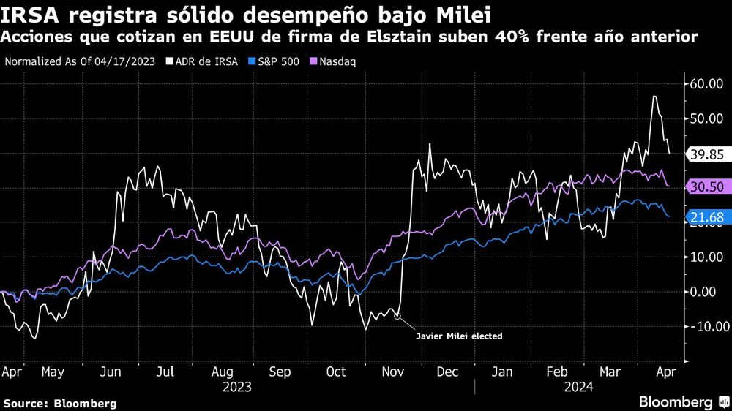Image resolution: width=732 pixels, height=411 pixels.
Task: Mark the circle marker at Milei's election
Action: tap(397, 316)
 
